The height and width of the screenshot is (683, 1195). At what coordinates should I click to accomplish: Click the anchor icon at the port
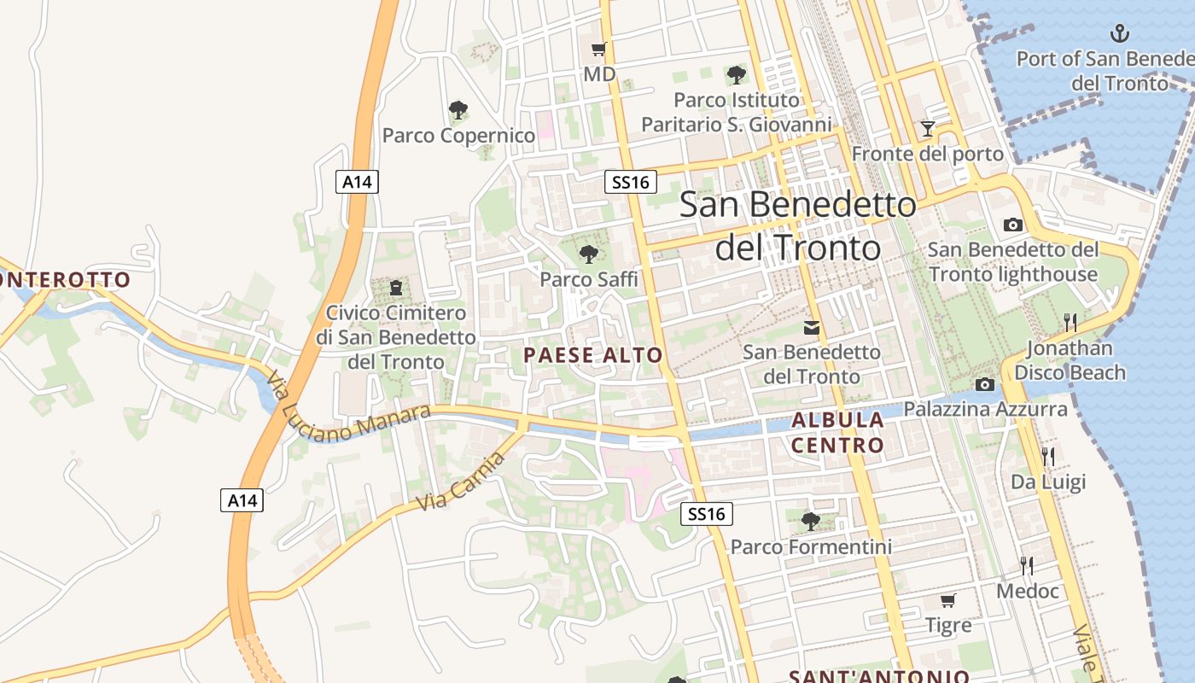[1118, 34]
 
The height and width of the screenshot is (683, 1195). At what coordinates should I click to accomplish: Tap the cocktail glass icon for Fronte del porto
[928, 129]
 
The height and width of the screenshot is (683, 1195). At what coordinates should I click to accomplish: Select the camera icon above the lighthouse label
[1013, 225]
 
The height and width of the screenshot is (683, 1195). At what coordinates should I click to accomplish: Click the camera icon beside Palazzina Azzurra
[984, 385]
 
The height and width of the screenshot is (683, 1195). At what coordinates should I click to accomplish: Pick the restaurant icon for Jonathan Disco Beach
[1070, 322]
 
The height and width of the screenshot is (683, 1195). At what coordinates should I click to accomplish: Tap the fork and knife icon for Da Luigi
[1048, 456]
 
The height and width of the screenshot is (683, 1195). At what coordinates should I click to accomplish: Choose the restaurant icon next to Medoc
[1027, 565]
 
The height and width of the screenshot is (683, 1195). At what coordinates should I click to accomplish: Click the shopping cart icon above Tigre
[947, 600]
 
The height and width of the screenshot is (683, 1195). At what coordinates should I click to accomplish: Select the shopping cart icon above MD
[598, 49]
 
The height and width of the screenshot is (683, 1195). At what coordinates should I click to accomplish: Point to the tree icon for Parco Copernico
[458, 109]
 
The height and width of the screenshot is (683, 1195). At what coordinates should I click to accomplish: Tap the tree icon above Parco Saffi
[588, 254]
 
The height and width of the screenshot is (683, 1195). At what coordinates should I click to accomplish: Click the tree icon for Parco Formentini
[810, 521]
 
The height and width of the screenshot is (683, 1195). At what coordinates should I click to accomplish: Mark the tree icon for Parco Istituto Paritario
[736, 74]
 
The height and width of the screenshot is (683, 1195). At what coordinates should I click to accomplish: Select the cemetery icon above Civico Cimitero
[395, 287]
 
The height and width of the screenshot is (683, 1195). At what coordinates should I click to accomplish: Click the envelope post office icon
[811, 327]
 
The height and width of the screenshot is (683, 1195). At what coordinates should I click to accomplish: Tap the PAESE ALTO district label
[593, 355]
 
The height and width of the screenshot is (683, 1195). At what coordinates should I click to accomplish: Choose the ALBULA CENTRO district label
[837, 432]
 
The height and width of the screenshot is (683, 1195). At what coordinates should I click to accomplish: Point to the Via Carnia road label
[461, 482]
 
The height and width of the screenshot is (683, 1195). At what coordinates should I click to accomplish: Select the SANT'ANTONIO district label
[878, 676]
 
